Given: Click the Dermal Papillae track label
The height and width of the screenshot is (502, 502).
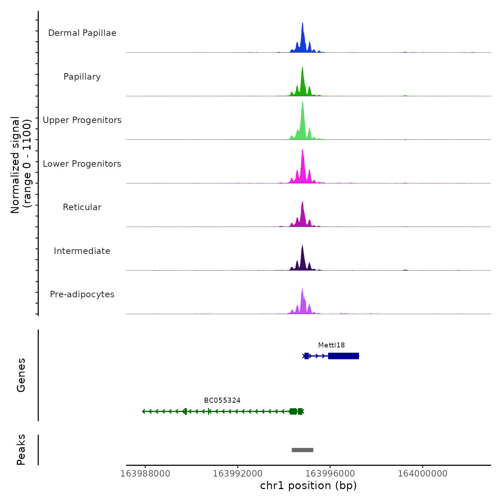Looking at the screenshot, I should tap(82, 33).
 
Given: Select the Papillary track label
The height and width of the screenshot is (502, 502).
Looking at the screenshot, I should tap(82, 77).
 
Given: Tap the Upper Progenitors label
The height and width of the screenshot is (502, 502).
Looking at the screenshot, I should tap(82, 120).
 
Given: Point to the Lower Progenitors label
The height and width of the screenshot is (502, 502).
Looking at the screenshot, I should tap(82, 164).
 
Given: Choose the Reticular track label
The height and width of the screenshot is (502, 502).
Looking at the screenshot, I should tap(82, 207).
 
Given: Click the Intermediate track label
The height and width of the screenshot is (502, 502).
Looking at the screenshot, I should tap(82, 251).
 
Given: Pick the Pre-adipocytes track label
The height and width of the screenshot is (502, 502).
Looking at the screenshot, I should tap(82, 294).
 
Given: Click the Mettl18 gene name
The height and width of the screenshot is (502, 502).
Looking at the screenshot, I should tap(331, 345).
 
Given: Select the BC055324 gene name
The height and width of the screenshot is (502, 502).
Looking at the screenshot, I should tap(222, 401).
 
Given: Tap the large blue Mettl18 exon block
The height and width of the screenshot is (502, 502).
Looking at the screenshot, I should tap(343, 356).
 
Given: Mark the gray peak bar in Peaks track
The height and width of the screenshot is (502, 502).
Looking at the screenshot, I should tap(302, 450).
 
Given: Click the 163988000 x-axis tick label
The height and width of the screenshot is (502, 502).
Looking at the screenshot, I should tap(145, 474).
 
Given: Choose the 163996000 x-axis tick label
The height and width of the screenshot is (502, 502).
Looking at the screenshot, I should tap(330, 474).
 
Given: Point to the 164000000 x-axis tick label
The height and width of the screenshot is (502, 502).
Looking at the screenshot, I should tap(422, 474).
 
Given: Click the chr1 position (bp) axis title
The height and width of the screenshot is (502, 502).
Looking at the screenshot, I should tap(308, 486).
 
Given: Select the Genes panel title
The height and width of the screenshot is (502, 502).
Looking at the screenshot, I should tap(21, 375).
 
